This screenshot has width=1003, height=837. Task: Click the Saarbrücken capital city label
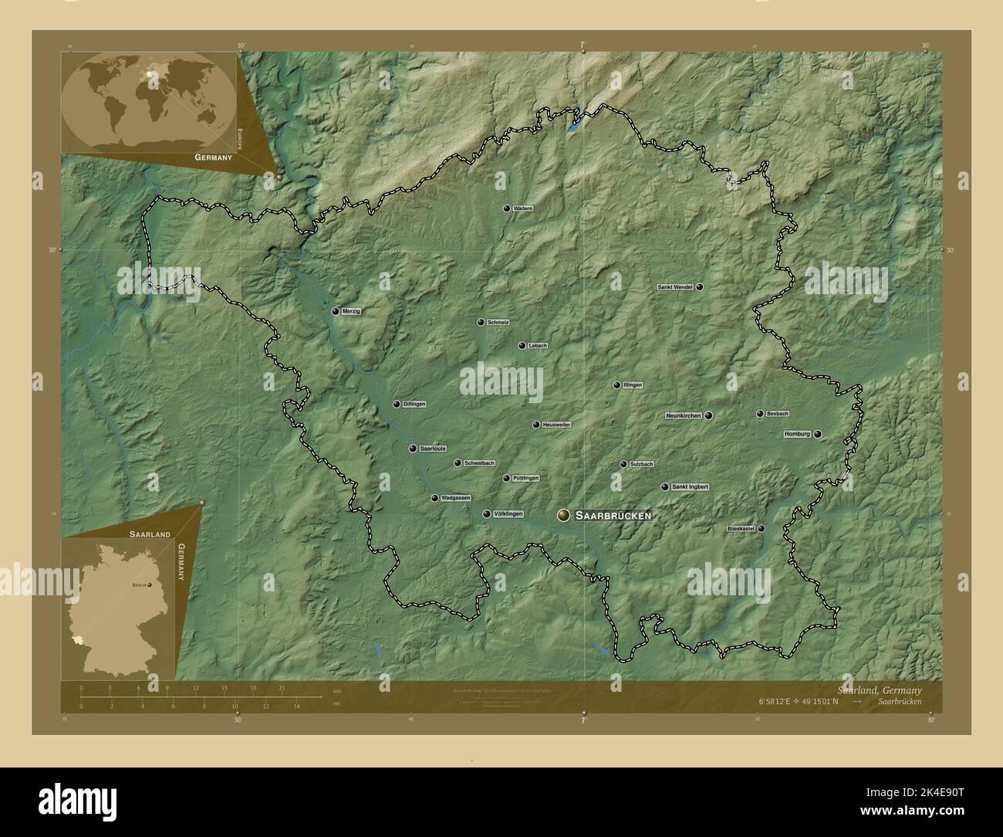click(x=613, y=515)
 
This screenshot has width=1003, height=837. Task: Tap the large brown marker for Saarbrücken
click(x=564, y=515)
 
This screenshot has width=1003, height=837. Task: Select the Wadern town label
click(x=523, y=208)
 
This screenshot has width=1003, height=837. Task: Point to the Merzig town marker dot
click(x=336, y=311)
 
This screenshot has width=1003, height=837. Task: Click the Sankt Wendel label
click(x=674, y=287)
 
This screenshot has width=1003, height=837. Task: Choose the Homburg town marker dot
click(x=817, y=434)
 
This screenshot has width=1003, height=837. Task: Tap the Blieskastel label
click(x=740, y=529)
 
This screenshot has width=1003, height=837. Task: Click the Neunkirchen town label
click(x=684, y=415)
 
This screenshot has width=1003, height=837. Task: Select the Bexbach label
click(x=778, y=414)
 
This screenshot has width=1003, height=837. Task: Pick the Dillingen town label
click(x=414, y=404)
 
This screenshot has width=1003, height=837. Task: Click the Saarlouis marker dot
click(x=413, y=449)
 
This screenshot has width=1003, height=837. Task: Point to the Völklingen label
click(x=508, y=514)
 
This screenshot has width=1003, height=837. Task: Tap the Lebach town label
click(x=538, y=346)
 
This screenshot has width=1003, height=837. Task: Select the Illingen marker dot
click(x=616, y=385)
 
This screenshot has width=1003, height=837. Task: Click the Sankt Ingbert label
click(x=690, y=487)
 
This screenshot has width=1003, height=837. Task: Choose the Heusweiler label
click(x=556, y=425)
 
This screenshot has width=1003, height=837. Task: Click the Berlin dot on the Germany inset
click(x=150, y=585)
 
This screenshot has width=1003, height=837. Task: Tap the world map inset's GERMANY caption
click(x=213, y=158)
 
